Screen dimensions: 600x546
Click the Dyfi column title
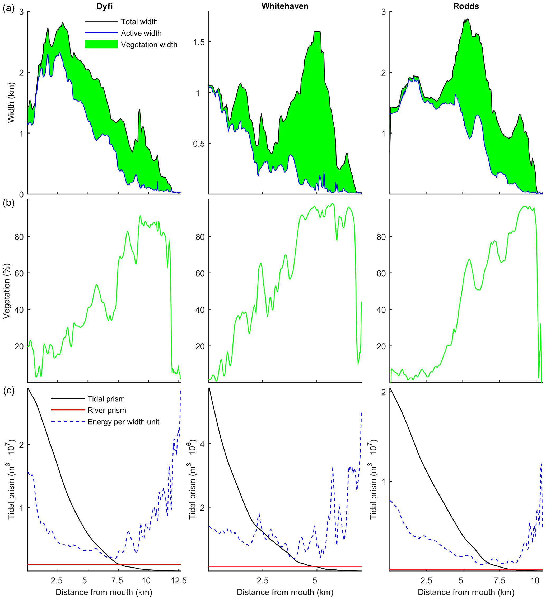coord(104,6)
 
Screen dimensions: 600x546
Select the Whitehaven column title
coord(285,6)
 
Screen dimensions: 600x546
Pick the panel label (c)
coord(9,390)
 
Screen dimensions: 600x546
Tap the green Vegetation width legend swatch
coord(101,44)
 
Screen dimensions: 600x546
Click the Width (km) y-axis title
coord(11,103)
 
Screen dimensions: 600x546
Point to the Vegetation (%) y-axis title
coord(7,291)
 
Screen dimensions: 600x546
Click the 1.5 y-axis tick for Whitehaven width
coord(199,42)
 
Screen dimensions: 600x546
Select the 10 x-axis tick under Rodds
coord(535,581)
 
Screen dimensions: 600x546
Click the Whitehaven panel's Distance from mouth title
coord(285,592)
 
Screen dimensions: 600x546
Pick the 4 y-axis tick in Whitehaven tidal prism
coord(203,444)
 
